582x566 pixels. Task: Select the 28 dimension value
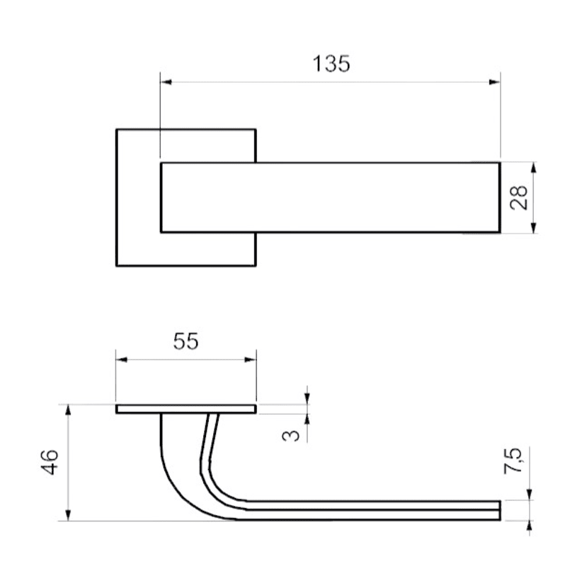tap(520, 197)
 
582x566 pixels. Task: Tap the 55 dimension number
tap(186, 341)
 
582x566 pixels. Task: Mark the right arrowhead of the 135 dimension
tap(495, 82)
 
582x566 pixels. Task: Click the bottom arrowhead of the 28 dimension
tap(534, 227)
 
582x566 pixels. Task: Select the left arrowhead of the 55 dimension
tap(122, 359)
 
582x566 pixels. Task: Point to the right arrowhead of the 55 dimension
tap(250, 359)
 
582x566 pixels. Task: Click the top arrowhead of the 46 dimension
tap(68, 410)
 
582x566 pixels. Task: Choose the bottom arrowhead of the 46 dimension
tap(68, 516)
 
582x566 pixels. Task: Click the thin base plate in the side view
tap(186, 409)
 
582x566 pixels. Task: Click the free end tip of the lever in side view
tap(498, 510)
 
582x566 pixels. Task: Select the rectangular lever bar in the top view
tap(330, 197)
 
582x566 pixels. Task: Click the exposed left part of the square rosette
tap(138, 197)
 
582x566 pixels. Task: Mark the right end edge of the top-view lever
tap(500, 197)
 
